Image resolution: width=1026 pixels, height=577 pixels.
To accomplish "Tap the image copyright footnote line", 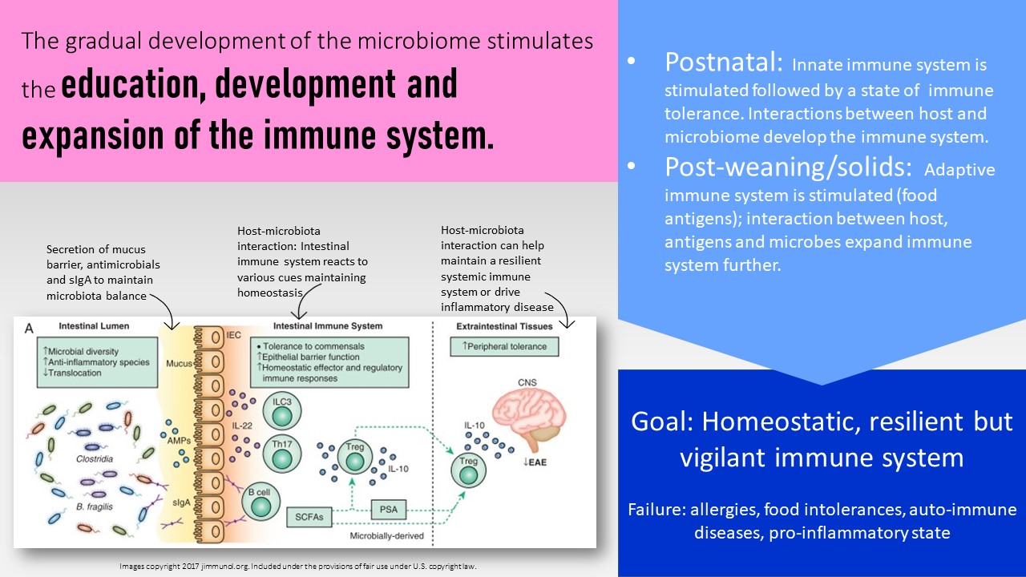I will (297, 566).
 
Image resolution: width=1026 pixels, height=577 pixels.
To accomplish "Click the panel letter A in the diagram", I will (29, 327).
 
